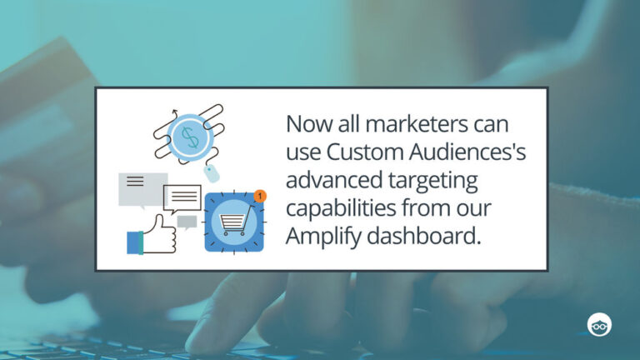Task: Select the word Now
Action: (305, 125)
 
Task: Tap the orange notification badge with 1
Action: (260, 196)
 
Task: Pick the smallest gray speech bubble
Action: (187, 222)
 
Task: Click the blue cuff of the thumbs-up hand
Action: (135, 242)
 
